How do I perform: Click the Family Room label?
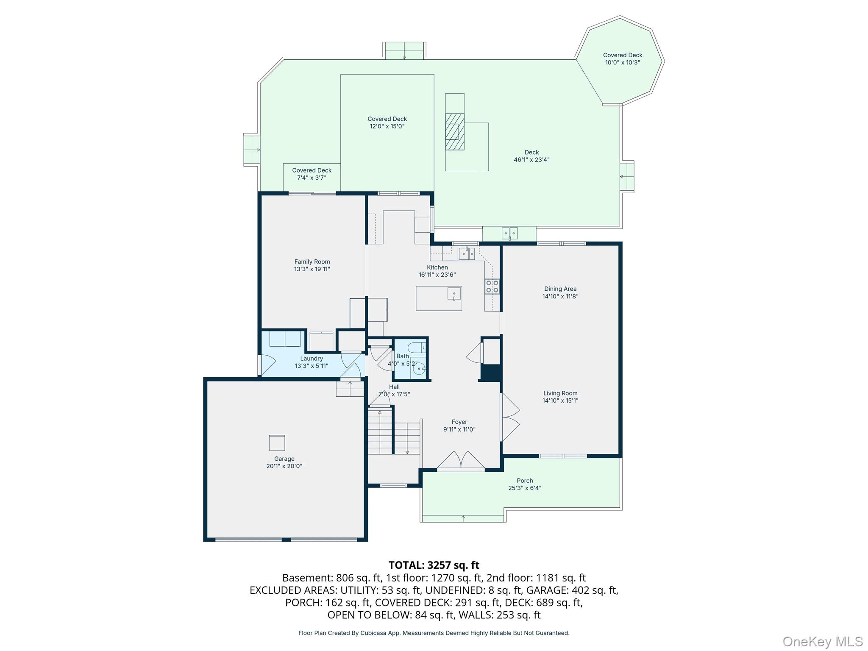point(312,262)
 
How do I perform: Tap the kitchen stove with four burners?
point(492,287)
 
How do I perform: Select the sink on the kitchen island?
point(454,294)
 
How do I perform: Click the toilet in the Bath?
point(418,348)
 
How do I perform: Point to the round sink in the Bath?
point(419,369)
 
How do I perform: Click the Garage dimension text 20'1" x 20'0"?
point(284,466)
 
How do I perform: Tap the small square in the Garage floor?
point(277,443)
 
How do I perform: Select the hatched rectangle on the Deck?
point(455,131)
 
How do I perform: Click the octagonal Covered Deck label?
point(623,55)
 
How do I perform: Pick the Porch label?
point(525,481)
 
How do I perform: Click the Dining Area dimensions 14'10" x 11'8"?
point(560,296)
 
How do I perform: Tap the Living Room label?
point(560,393)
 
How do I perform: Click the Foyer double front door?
point(461,461)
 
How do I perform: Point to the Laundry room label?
point(312,359)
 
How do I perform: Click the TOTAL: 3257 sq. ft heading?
point(434,565)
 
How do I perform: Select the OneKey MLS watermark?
point(822,642)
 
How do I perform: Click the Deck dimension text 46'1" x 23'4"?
point(531,160)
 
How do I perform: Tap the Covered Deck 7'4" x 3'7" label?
point(312,174)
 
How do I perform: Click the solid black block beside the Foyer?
point(491,373)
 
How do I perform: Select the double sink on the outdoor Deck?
point(509,233)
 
